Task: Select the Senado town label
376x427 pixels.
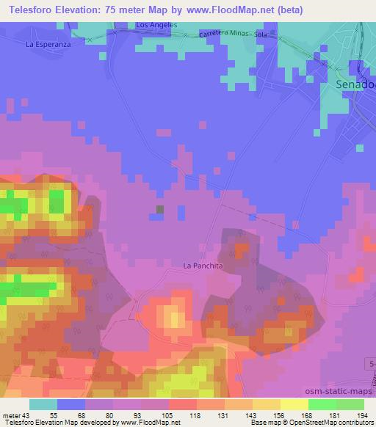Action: tap(355, 84)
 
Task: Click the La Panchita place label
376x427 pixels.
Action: tap(203, 265)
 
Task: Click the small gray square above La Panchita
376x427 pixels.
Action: tap(160, 210)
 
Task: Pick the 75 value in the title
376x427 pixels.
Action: tap(109, 10)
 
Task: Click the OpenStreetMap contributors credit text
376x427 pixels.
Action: tap(333, 423)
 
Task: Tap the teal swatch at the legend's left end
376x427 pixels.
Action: tap(43, 404)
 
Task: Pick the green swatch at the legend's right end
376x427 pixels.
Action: tap(350, 404)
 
